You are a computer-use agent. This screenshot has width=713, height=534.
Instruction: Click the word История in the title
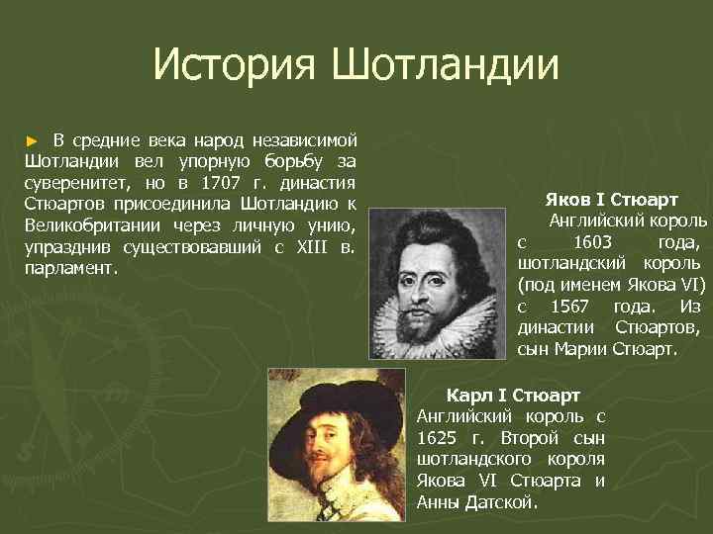pyautogui.click(x=234, y=65)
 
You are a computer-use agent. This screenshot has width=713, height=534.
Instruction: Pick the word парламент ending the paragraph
pyautogui.click(x=69, y=268)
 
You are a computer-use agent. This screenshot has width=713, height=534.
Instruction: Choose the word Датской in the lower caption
pyautogui.click(x=502, y=502)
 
